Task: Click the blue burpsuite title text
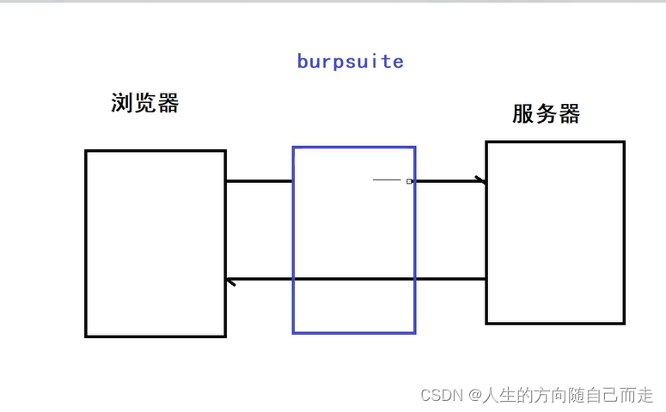(350, 62)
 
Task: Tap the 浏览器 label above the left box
(145, 104)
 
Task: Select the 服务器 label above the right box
(547, 113)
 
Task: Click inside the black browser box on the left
(156, 243)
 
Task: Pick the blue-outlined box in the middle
(354, 240)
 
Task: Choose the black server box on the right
(555, 233)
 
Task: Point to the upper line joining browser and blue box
(259, 181)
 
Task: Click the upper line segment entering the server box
(447, 181)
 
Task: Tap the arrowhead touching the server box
(481, 180)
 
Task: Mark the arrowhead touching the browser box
(229, 281)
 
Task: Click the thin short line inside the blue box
(388, 180)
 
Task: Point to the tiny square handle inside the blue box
(410, 181)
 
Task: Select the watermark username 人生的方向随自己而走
(567, 395)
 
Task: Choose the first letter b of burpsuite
(302, 62)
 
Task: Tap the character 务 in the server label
(547, 113)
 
